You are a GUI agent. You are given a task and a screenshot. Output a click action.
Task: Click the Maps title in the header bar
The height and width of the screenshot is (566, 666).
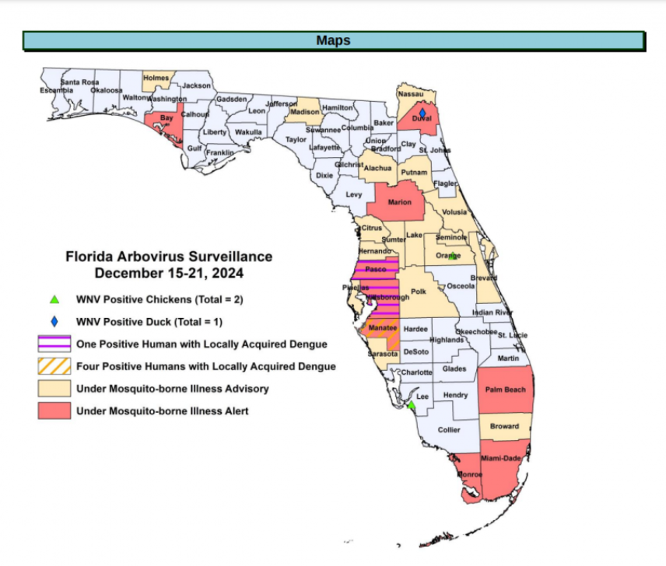(x=333, y=40)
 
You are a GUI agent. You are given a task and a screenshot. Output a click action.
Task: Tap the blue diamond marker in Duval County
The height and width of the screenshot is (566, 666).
(x=422, y=114)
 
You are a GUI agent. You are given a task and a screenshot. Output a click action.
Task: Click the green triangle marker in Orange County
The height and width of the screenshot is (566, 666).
(x=453, y=255)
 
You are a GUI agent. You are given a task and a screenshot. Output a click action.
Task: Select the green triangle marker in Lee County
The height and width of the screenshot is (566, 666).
(x=412, y=404)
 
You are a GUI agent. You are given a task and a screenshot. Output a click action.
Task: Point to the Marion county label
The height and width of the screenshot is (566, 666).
(x=399, y=202)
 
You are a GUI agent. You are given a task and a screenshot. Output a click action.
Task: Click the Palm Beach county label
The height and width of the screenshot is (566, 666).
(x=506, y=390)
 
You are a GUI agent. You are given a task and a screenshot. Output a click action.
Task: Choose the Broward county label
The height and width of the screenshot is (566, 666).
(x=505, y=426)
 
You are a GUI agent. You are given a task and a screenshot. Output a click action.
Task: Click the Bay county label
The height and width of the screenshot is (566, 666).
(x=166, y=118)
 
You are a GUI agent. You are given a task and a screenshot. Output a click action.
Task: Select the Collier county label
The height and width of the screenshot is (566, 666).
(x=449, y=430)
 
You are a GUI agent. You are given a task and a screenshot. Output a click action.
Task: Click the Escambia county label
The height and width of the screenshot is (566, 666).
(x=57, y=91)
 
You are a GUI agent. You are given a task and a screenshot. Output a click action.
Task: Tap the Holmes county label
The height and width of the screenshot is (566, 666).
(x=156, y=78)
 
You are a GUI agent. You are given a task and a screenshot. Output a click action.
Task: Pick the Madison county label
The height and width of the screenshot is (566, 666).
(x=304, y=112)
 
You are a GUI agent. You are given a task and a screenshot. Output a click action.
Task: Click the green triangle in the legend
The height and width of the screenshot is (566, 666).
(x=54, y=299)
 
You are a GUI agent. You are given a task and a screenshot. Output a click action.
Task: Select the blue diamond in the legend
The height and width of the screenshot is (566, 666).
(x=54, y=320)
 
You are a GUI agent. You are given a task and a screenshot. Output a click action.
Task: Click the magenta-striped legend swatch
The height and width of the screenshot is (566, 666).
(x=54, y=344)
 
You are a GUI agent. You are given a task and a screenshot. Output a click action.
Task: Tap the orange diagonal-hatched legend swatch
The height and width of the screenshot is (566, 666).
(x=54, y=366)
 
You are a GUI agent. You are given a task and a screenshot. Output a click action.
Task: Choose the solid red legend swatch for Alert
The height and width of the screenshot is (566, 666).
(x=54, y=411)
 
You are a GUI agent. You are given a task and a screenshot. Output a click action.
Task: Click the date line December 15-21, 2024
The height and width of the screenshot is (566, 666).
(x=169, y=273)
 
